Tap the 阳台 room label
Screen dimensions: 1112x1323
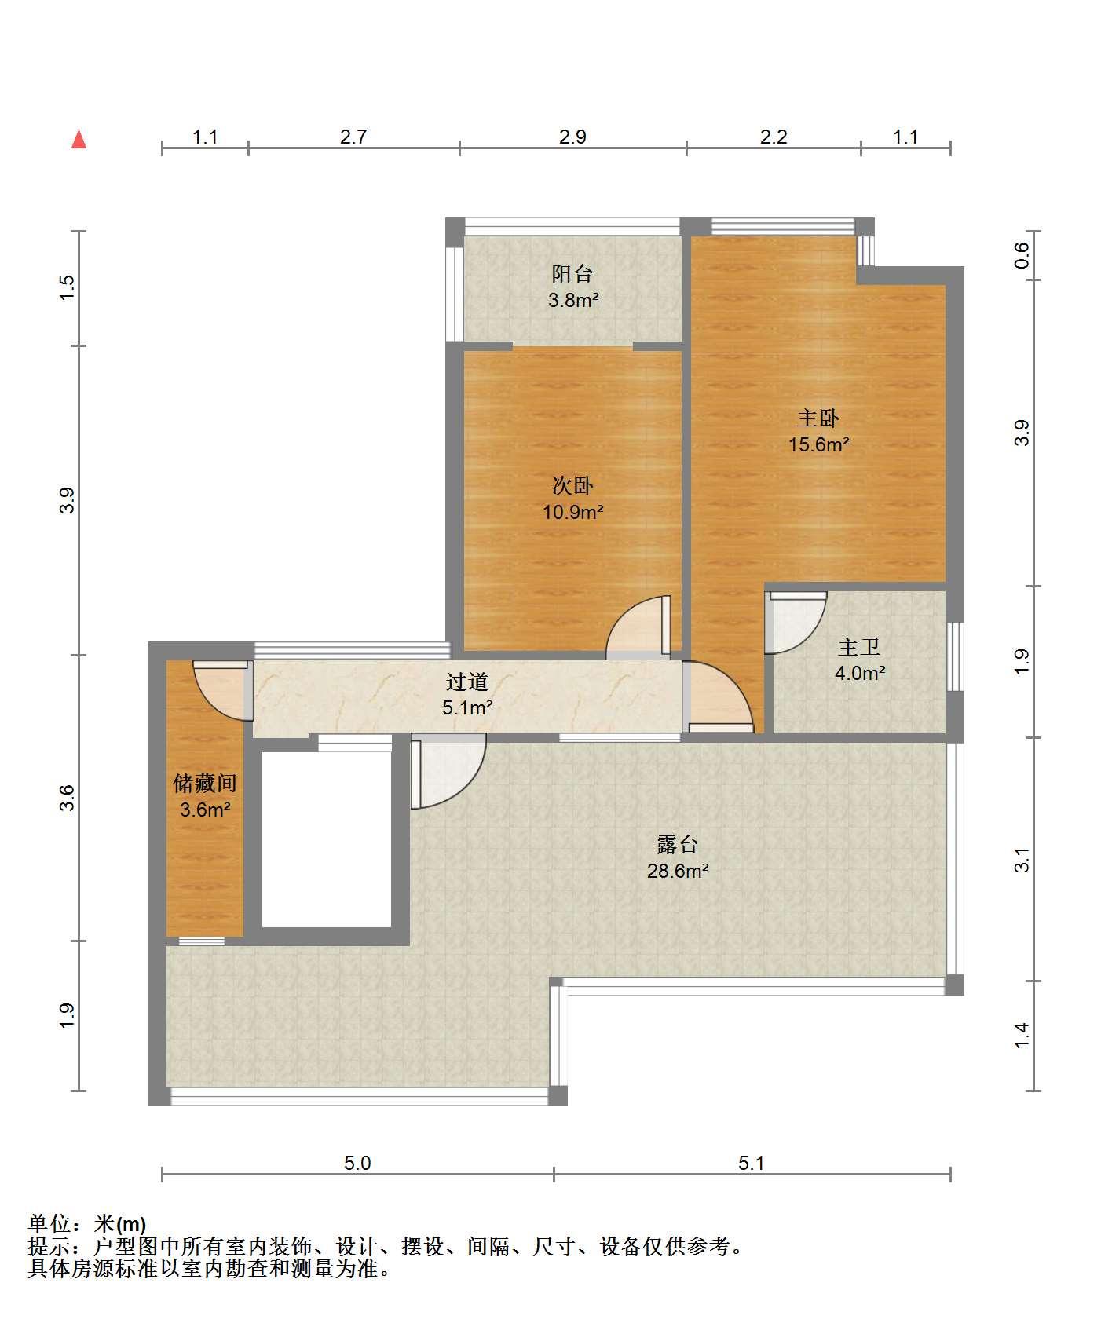pyautogui.click(x=572, y=274)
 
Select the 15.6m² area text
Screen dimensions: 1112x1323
pyautogui.click(x=819, y=444)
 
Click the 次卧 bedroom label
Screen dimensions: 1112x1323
pyautogui.click(x=572, y=486)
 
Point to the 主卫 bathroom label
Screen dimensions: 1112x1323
pyautogui.click(x=859, y=647)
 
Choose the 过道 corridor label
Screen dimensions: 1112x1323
pyautogui.click(x=467, y=682)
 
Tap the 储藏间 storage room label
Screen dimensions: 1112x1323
pyautogui.click(x=205, y=783)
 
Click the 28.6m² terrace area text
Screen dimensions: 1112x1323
pyautogui.click(x=678, y=871)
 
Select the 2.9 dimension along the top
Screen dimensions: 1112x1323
pyautogui.click(x=572, y=137)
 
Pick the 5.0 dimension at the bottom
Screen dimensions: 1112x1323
pyautogui.click(x=357, y=1163)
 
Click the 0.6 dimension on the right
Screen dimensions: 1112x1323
pyautogui.click(x=1022, y=255)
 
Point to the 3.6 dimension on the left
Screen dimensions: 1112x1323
pyautogui.click(x=68, y=798)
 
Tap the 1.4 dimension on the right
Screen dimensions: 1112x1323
pyautogui.click(x=1022, y=1035)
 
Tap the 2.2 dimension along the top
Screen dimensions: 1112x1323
pyautogui.click(x=774, y=137)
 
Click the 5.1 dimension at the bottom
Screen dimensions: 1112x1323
pyautogui.click(x=752, y=1163)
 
